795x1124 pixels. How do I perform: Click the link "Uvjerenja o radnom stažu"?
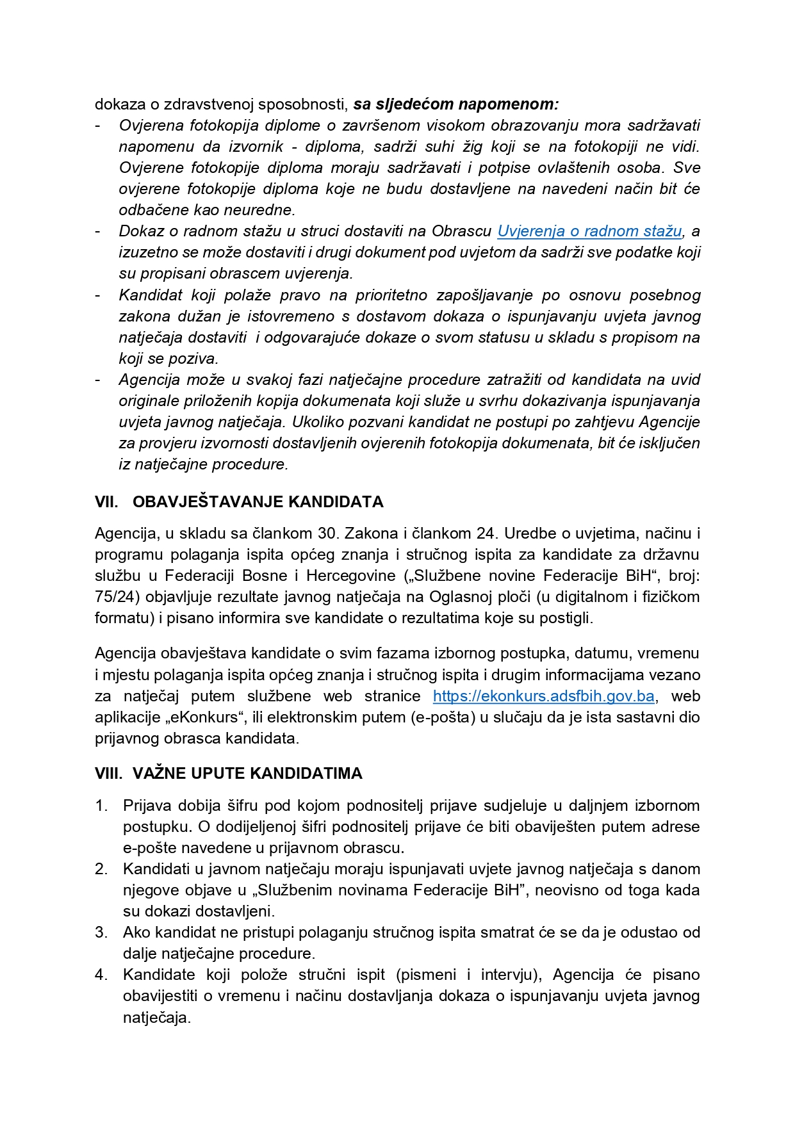coord(589,231)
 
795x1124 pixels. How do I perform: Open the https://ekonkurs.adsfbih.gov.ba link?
coord(543,696)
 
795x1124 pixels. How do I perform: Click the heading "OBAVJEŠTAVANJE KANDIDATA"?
coord(258,501)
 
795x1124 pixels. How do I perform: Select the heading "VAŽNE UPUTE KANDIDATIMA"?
coord(247,773)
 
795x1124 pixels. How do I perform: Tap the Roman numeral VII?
coord(106,501)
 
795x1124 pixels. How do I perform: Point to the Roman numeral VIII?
coord(108,773)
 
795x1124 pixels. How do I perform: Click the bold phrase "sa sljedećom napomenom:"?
coord(455,104)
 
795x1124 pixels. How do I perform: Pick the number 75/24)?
coord(117,597)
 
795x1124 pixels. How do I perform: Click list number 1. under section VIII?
coord(101,806)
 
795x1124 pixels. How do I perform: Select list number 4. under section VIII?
coord(101,975)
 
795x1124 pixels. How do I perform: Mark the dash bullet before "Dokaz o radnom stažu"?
coord(98,231)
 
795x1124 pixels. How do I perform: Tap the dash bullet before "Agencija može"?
coord(98,380)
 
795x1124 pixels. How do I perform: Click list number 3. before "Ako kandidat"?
coord(101,933)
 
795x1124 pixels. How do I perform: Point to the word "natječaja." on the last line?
coord(156,1017)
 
